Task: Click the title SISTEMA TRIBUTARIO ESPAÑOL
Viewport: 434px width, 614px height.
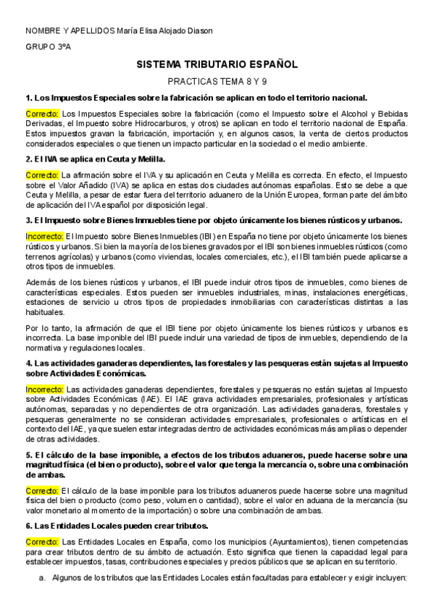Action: click(x=217, y=64)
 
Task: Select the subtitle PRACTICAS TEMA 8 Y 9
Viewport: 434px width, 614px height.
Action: click(x=217, y=83)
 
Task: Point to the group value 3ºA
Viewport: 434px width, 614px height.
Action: click(x=63, y=46)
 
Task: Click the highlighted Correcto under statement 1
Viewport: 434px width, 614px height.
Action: click(x=43, y=114)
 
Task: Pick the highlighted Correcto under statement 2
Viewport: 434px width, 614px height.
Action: click(x=43, y=175)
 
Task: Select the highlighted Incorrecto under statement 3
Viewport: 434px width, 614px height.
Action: click(x=45, y=236)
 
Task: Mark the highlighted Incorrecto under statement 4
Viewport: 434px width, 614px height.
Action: click(x=45, y=389)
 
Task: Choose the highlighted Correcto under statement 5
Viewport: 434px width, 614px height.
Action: click(x=43, y=491)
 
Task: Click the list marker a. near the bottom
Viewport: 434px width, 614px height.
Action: click(x=43, y=578)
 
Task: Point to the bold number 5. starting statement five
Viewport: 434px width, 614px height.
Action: click(x=28, y=455)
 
